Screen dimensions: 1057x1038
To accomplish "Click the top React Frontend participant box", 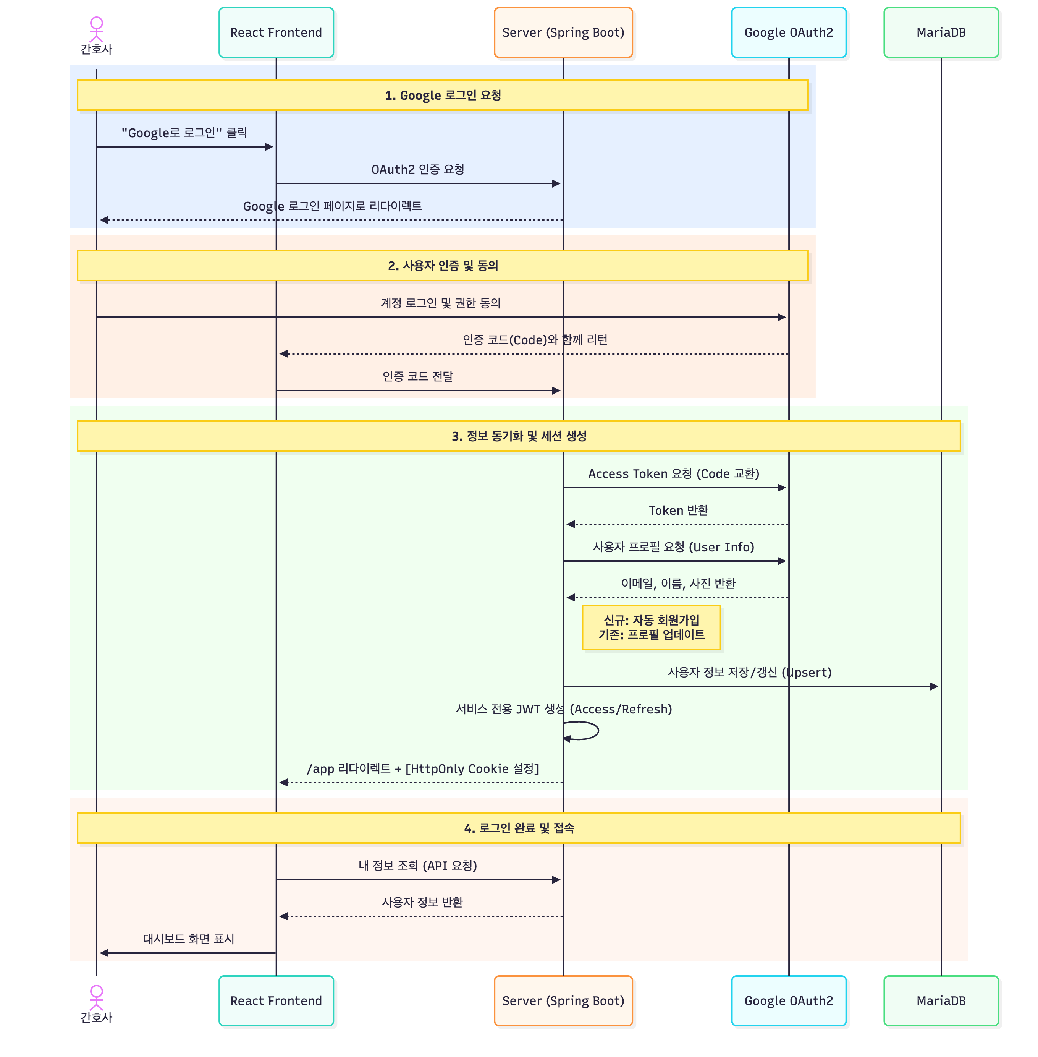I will (276, 32).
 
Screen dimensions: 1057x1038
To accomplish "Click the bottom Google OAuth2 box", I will (788, 1000).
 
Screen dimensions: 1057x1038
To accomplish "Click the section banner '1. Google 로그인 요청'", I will (442, 96).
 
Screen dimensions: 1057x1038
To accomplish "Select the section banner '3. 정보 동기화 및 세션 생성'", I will (519, 436).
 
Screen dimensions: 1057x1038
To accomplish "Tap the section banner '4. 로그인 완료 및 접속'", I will (519, 828).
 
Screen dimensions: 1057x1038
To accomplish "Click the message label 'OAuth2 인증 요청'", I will (417, 170).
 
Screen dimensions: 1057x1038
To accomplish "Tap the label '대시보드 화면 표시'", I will (188, 939).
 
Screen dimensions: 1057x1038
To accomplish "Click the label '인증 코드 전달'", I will (417, 376).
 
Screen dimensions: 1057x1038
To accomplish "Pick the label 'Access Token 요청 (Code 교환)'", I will (673, 473).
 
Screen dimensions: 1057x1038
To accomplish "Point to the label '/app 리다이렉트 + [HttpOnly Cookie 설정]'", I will (423, 768).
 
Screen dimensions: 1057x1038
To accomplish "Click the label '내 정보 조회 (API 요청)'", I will (417, 866).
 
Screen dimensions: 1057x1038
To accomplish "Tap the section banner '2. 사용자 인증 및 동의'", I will (442, 266).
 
